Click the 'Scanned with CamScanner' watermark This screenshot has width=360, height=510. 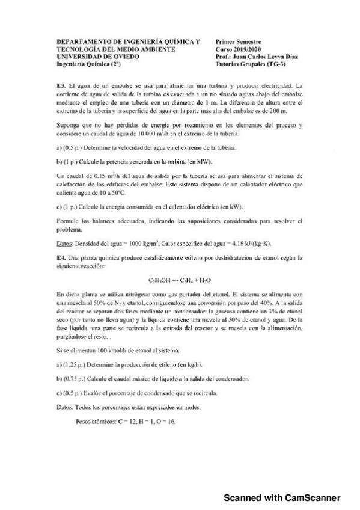282,498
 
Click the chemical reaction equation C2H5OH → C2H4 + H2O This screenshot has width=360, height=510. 180,280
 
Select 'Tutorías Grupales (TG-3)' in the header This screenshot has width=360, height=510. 249,63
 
